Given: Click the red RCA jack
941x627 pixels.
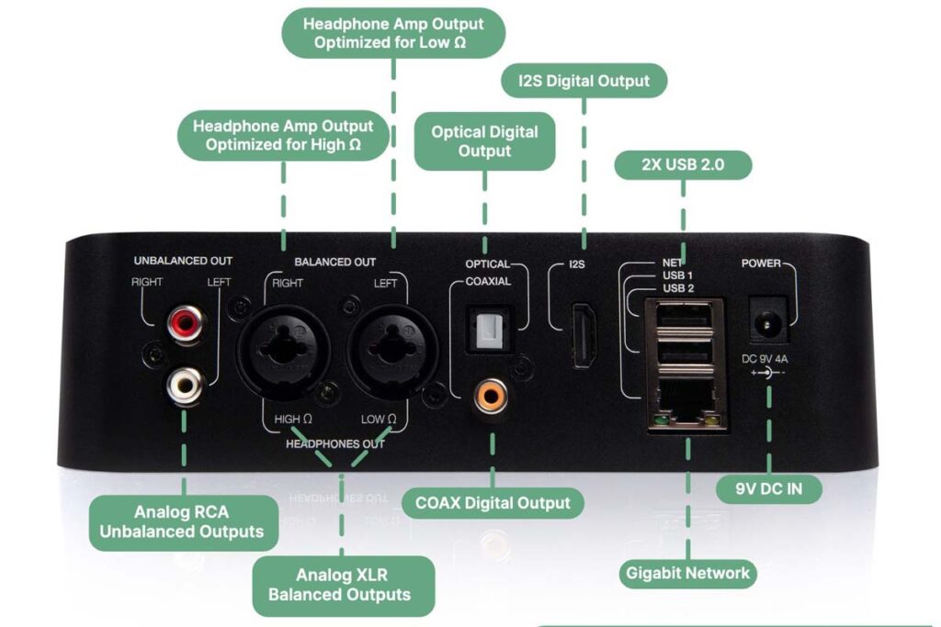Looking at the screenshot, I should click(x=184, y=323).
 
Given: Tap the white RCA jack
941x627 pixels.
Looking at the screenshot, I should click(x=184, y=385).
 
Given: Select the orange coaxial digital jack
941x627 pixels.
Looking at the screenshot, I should click(x=489, y=397).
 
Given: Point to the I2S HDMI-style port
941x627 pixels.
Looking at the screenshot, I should click(x=584, y=337).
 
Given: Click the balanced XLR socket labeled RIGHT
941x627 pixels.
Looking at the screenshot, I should click(x=284, y=351).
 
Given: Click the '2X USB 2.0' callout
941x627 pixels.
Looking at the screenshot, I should click(x=683, y=165).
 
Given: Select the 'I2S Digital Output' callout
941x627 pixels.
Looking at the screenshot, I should click(x=584, y=81).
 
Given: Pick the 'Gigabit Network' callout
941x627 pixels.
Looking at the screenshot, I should click(x=688, y=574).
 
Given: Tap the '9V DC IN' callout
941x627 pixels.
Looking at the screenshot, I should click(x=769, y=488).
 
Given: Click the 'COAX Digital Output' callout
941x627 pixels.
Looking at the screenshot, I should click(x=493, y=503).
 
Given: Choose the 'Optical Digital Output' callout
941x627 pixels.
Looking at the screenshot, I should click(x=484, y=141).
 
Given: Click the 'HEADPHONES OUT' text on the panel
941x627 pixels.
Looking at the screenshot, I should click(x=334, y=443).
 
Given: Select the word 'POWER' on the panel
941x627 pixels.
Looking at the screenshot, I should click(x=761, y=263).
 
